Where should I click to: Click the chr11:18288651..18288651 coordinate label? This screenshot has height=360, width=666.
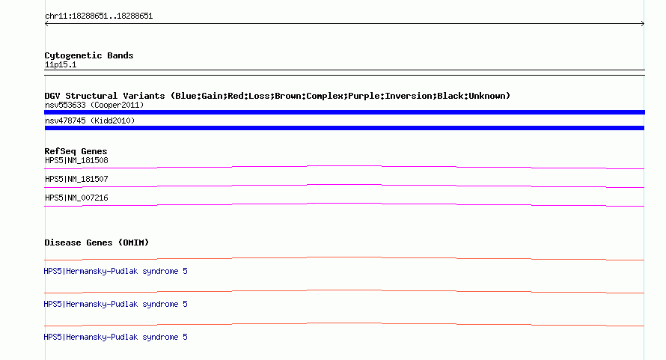pyautogui.click(x=99, y=16)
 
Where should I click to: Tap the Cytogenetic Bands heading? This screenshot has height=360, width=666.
pyautogui.click(x=89, y=55)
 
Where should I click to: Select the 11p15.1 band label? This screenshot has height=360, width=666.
pyautogui.click(x=61, y=64)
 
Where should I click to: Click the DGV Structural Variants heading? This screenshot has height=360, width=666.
pyautogui.click(x=105, y=96)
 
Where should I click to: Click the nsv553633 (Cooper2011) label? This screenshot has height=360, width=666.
pyautogui.click(x=94, y=105)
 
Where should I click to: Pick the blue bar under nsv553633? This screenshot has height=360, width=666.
pyautogui.click(x=344, y=112)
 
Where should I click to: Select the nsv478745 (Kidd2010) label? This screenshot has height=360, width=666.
pyautogui.click(x=90, y=120)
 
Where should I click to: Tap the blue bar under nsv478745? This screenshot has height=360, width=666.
pyautogui.click(x=344, y=128)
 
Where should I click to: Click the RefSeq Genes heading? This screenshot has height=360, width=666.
pyautogui.click(x=76, y=151)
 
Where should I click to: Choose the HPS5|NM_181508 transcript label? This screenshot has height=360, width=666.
pyautogui.click(x=76, y=161)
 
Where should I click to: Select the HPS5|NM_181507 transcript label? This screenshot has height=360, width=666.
pyautogui.click(x=76, y=180)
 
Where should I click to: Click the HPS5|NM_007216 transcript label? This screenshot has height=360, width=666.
pyautogui.click(x=76, y=198)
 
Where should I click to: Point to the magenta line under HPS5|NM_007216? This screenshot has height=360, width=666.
pyautogui.click(x=344, y=204)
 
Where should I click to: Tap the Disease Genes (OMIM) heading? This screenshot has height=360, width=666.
pyautogui.click(x=97, y=242)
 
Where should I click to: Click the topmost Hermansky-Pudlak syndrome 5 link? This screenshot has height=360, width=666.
pyautogui.click(x=115, y=271)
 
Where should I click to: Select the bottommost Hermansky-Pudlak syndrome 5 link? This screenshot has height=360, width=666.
pyautogui.click(x=115, y=337)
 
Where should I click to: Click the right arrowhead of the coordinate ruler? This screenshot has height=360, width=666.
pyautogui.click(x=644, y=24)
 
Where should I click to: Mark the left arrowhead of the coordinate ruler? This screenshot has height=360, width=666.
pyautogui.click(x=46, y=24)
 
